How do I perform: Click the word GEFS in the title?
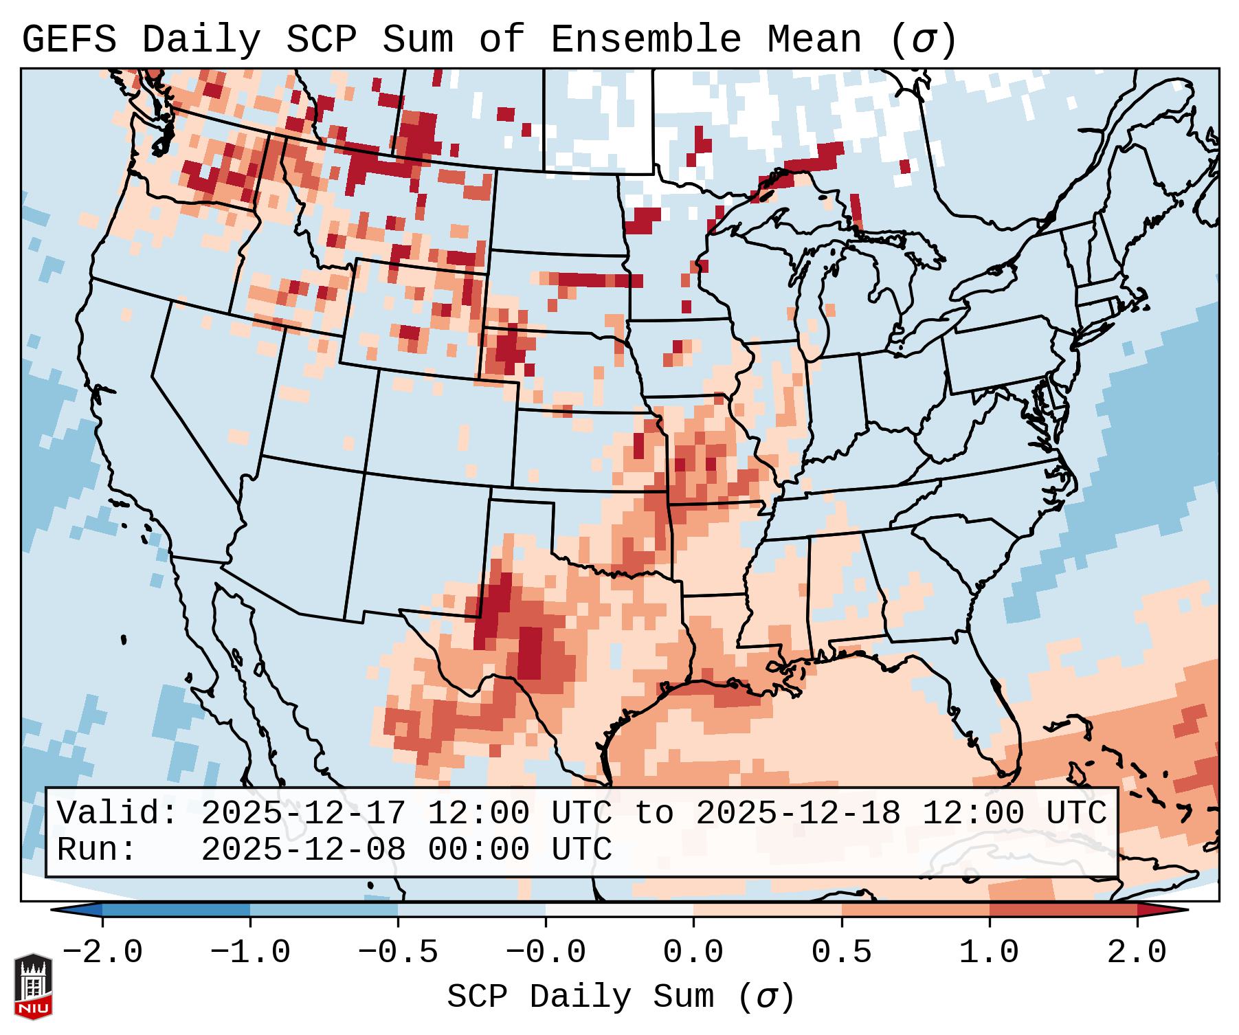tap(69, 39)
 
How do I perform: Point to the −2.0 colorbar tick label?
tap(102, 953)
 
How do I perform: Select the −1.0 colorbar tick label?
tap(250, 953)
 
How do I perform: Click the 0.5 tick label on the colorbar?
tap(841, 953)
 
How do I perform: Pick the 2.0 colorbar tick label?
tap(1137, 953)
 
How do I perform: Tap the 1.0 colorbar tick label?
tap(989, 953)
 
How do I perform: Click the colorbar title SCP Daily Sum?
tap(581, 997)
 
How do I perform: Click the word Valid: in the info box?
tap(118, 813)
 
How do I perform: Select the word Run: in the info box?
tap(97, 849)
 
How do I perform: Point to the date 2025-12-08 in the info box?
tap(303, 849)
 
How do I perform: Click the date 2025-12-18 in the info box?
tap(798, 813)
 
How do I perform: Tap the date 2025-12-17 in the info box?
tap(303, 813)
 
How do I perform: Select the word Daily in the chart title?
tap(201, 39)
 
